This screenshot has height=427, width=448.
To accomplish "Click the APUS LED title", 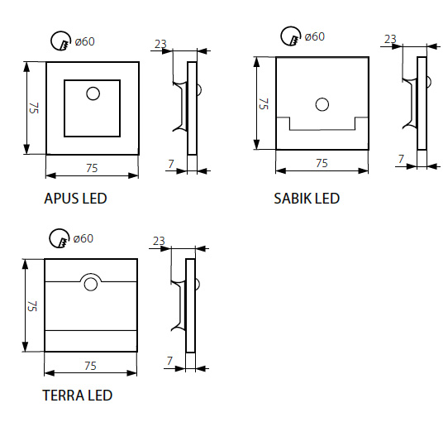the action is click(x=75, y=199).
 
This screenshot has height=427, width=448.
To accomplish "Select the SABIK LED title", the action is click(x=307, y=199).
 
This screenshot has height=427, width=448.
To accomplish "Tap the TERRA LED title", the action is click(x=78, y=396).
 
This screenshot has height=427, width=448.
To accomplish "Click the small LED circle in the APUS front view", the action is click(x=93, y=94).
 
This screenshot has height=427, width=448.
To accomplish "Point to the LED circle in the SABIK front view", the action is click(x=322, y=104).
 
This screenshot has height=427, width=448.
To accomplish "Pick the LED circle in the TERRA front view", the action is click(x=91, y=285).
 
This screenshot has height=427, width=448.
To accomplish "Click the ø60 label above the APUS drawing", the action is click(x=84, y=41).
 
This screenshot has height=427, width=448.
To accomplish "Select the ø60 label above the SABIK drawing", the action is click(x=315, y=36).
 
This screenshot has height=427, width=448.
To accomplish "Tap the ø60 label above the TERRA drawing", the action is click(x=83, y=238).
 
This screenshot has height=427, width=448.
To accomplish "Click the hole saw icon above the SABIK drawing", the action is click(x=291, y=36).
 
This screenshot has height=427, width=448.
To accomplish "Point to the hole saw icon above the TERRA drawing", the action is click(x=60, y=238).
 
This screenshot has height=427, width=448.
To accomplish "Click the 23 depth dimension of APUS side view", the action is click(x=160, y=44).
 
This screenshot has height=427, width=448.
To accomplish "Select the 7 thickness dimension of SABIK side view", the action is click(x=401, y=159).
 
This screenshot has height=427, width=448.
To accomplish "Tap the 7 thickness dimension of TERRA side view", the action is click(x=169, y=361).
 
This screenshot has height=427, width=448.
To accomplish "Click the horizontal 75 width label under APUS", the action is click(x=92, y=168).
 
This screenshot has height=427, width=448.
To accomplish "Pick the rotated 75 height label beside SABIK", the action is click(x=264, y=103).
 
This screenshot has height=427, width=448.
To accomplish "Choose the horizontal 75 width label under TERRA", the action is click(x=90, y=366).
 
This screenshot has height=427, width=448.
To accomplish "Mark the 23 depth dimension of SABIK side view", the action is click(x=390, y=39).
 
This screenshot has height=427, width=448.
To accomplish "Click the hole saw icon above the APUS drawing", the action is click(x=60, y=41).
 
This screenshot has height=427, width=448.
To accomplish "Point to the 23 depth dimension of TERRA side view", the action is click(x=159, y=241).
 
